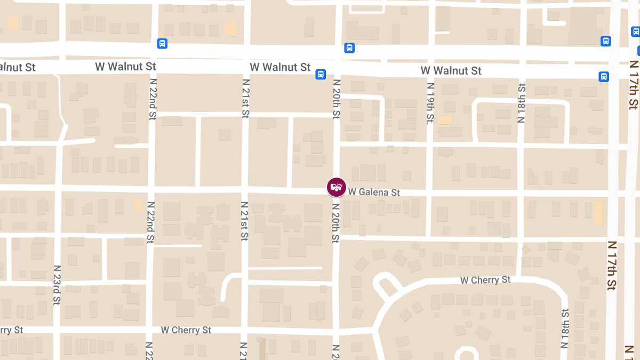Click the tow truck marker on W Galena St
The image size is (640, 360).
tap(337, 187)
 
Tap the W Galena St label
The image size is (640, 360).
tap(374, 192)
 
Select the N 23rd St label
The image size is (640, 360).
tap(57, 285)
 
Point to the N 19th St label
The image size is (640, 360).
tap(430, 103)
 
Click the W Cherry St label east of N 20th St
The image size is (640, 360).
tap(485, 280)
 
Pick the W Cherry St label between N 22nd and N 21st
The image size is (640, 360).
tap(186, 330)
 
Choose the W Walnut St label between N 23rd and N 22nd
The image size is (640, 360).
tap(125, 67)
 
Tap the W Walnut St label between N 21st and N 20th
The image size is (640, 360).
tap(280, 67)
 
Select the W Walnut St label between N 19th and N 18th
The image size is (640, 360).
tap(451, 70)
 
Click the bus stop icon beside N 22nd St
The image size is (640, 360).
tap(162, 44)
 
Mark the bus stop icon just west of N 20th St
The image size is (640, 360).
tap(321, 74)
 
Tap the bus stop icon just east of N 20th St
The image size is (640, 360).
tap(349, 48)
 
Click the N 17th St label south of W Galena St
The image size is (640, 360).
tap(612, 265)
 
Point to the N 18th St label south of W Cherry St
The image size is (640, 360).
tap(564, 328)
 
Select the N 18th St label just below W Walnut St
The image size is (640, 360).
tap(521, 103)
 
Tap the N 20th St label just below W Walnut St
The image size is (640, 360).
tap(336, 99)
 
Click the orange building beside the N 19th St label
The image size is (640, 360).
tap(445, 121)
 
